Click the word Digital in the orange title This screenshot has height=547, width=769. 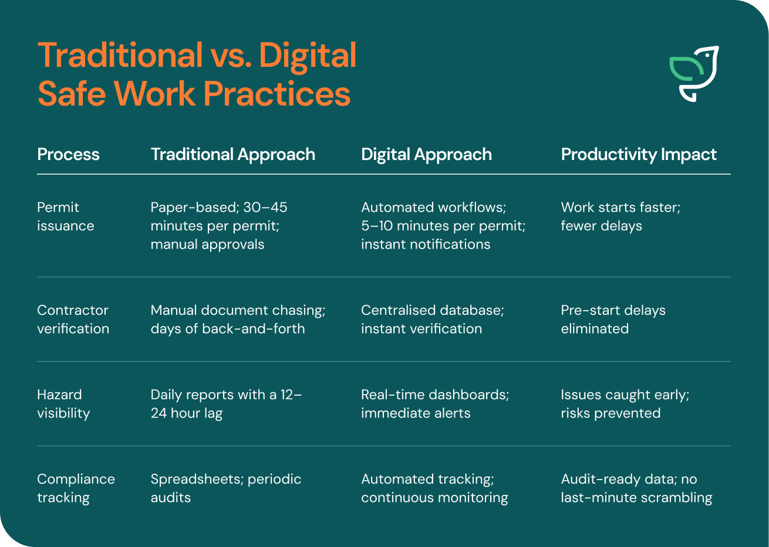click(x=308, y=56)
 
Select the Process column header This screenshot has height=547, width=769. click(x=68, y=154)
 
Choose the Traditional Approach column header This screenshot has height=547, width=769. click(x=233, y=155)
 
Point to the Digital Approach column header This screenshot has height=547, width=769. click(x=426, y=155)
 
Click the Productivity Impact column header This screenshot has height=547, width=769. click(x=639, y=155)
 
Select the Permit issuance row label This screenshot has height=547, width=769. click(x=65, y=217)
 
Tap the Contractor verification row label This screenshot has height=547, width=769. click(x=73, y=320)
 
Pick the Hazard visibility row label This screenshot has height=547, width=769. click(x=63, y=404)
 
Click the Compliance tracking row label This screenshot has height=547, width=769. click(x=76, y=488)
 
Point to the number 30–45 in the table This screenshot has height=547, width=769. click(x=265, y=208)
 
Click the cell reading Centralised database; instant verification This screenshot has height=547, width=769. click(x=432, y=320)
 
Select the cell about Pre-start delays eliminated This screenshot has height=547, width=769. click(x=613, y=320)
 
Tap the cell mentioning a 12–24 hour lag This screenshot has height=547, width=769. click(x=226, y=404)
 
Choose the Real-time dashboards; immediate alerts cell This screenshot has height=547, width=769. click(x=435, y=404)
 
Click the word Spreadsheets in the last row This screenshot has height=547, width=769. click(x=197, y=480)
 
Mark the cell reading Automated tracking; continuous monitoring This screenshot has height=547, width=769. click(x=434, y=488)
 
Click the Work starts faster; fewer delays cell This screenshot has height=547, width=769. click(x=620, y=217)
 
